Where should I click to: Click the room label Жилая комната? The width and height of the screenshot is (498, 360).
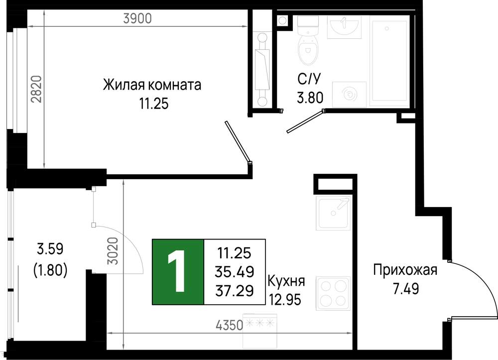[x=152, y=86]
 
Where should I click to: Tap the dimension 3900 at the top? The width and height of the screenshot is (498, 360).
[x=137, y=19]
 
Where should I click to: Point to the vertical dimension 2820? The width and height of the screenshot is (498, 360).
[x=36, y=89]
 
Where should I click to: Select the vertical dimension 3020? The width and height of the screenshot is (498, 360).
[x=113, y=251]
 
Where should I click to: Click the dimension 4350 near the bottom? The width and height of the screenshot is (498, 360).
[x=229, y=326]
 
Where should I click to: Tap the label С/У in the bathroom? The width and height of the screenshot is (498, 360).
[x=309, y=79]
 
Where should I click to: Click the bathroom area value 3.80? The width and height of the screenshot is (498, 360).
[x=310, y=98]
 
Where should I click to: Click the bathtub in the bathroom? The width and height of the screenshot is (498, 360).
[x=390, y=63]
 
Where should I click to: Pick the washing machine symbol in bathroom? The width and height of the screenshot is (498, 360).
[x=349, y=94]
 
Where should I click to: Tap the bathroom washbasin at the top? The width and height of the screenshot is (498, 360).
[x=345, y=27]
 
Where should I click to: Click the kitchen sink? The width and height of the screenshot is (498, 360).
[x=333, y=213]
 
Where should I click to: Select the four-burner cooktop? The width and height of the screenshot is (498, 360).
[x=333, y=293]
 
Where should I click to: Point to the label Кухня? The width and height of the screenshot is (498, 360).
[x=287, y=281]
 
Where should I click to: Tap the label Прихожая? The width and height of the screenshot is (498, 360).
[x=405, y=270]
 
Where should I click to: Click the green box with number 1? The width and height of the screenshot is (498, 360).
[x=178, y=272]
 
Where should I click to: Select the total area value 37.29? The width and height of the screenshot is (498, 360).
[x=235, y=290]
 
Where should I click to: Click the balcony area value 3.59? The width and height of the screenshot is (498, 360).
[x=50, y=249]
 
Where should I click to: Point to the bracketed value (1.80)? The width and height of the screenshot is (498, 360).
[x=50, y=271]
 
